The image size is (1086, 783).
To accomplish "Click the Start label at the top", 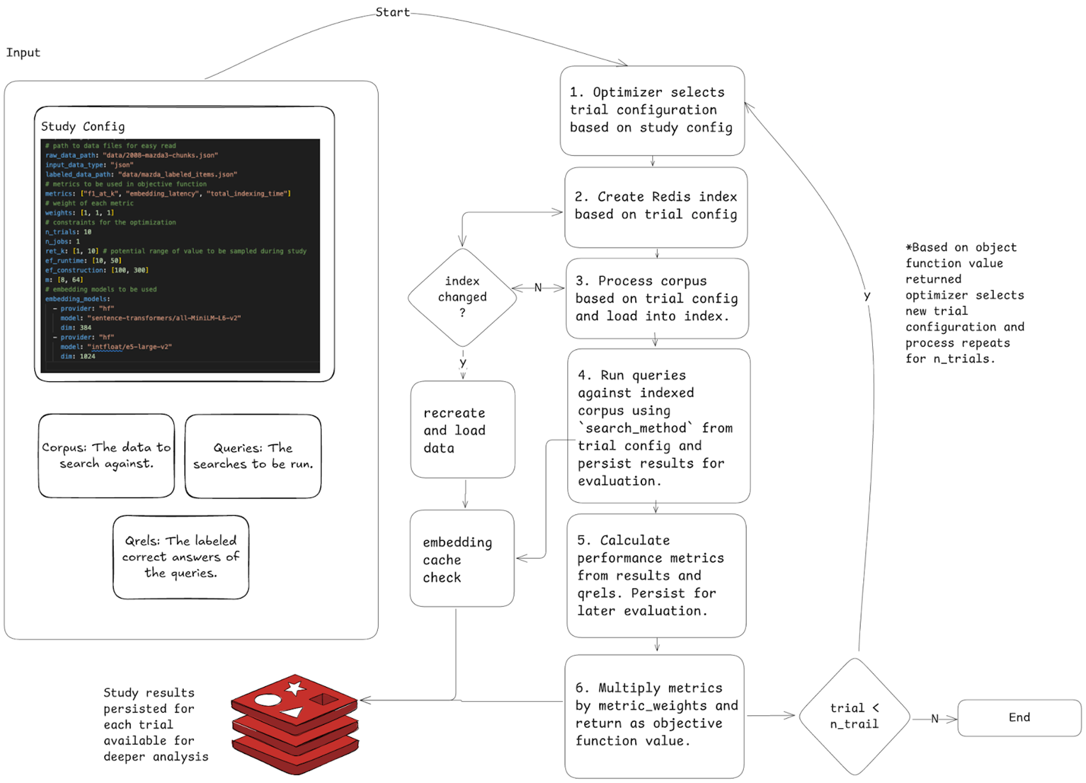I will click(x=392, y=12).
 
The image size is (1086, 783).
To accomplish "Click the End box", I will click(x=1019, y=717).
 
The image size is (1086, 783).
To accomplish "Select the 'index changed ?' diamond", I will click(x=462, y=297).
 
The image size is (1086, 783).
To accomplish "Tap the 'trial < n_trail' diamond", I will click(x=854, y=716).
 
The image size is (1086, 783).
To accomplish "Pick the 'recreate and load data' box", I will click(x=462, y=429).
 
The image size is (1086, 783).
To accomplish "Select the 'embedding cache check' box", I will click(x=462, y=558).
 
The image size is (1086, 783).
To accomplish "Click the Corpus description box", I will click(x=106, y=455).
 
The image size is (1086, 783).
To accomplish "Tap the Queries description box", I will click(x=253, y=456).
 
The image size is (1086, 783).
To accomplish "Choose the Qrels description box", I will click(x=180, y=557).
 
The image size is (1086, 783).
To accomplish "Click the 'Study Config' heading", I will click(x=83, y=126).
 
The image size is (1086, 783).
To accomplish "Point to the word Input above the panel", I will click(x=23, y=53).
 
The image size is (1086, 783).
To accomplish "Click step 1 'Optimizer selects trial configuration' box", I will click(x=652, y=110).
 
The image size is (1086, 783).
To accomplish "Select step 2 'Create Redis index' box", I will click(x=656, y=206).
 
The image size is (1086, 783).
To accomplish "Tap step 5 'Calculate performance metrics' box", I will click(x=656, y=575).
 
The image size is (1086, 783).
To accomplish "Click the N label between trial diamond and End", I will click(x=934, y=719).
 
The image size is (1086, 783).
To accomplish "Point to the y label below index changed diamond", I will click(x=463, y=362).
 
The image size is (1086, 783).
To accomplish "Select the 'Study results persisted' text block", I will click(x=156, y=724).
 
